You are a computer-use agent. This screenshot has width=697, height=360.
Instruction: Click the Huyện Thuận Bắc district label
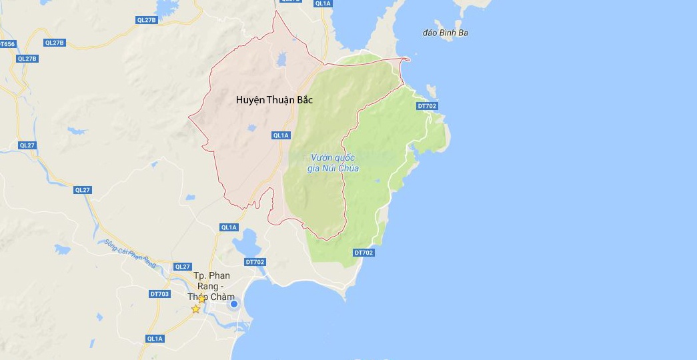(x=274, y=100)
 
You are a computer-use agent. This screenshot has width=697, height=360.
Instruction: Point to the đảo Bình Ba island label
(x=446, y=33)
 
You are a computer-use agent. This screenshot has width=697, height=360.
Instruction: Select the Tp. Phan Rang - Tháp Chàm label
(x=211, y=285)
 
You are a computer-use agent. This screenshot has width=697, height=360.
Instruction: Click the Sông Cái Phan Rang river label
(x=129, y=253)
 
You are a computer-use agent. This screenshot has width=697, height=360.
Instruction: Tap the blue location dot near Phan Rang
(x=234, y=305)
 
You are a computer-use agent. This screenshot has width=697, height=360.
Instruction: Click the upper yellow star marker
(x=202, y=299)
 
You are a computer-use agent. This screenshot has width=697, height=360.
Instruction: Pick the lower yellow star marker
(x=195, y=309)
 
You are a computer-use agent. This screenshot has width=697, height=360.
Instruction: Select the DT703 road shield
(x=159, y=294)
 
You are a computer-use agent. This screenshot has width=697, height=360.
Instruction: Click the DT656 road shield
(x=7, y=44)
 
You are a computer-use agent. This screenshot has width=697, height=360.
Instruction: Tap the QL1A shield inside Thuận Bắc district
(x=281, y=135)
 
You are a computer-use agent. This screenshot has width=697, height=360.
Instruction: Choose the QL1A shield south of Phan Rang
(x=154, y=339)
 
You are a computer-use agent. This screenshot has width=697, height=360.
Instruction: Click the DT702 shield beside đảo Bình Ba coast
(x=426, y=106)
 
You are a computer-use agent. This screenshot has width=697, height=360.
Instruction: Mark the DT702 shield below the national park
(x=364, y=253)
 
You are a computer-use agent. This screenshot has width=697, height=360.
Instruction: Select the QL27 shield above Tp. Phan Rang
(x=182, y=267)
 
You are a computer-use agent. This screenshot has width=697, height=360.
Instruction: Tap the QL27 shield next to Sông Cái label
(x=82, y=190)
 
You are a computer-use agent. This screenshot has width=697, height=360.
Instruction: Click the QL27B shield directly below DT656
(x=27, y=59)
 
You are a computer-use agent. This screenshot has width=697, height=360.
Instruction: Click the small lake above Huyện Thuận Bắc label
(x=281, y=61)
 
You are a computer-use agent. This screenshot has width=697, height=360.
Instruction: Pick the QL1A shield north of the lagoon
(x=228, y=227)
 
